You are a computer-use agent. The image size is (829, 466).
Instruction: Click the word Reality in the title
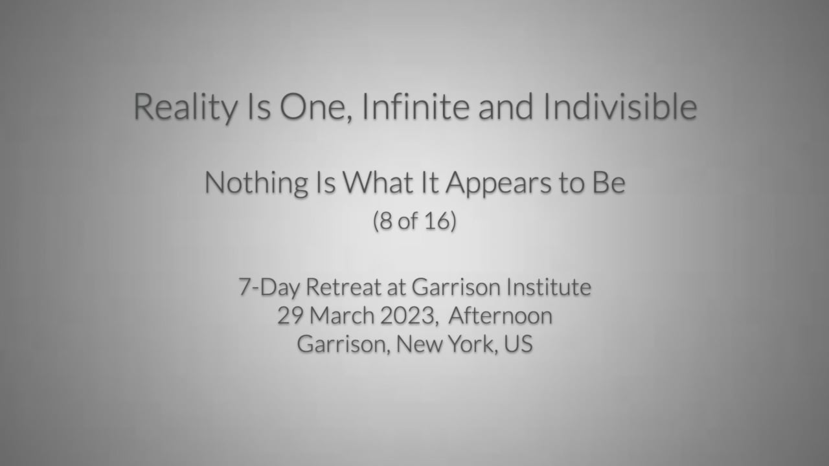pyautogui.click(x=185, y=107)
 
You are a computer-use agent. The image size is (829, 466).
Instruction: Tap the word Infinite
pyautogui.click(x=415, y=107)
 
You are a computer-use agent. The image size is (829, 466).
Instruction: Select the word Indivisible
pyautogui.click(x=620, y=107)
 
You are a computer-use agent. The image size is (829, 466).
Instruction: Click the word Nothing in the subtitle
pyautogui.click(x=256, y=183)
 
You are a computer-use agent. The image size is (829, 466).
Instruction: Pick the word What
pyautogui.click(x=377, y=183)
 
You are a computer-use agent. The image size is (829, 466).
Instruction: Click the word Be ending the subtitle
pyautogui.click(x=608, y=183)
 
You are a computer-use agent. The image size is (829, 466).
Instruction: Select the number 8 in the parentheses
pyautogui.click(x=386, y=221)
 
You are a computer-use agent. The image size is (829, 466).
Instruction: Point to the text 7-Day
pyautogui.click(x=269, y=287)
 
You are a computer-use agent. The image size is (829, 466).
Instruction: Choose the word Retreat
pyautogui.click(x=343, y=287)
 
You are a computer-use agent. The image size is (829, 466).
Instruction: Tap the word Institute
pyautogui.click(x=549, y=287)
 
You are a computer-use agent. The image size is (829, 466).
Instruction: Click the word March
pyautogui.click(x=341, y=316)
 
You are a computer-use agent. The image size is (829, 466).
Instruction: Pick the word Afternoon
pyautogui.click(x=501, y=316)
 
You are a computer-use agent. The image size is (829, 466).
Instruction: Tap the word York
pyautogui.click(x=470, y=344)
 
